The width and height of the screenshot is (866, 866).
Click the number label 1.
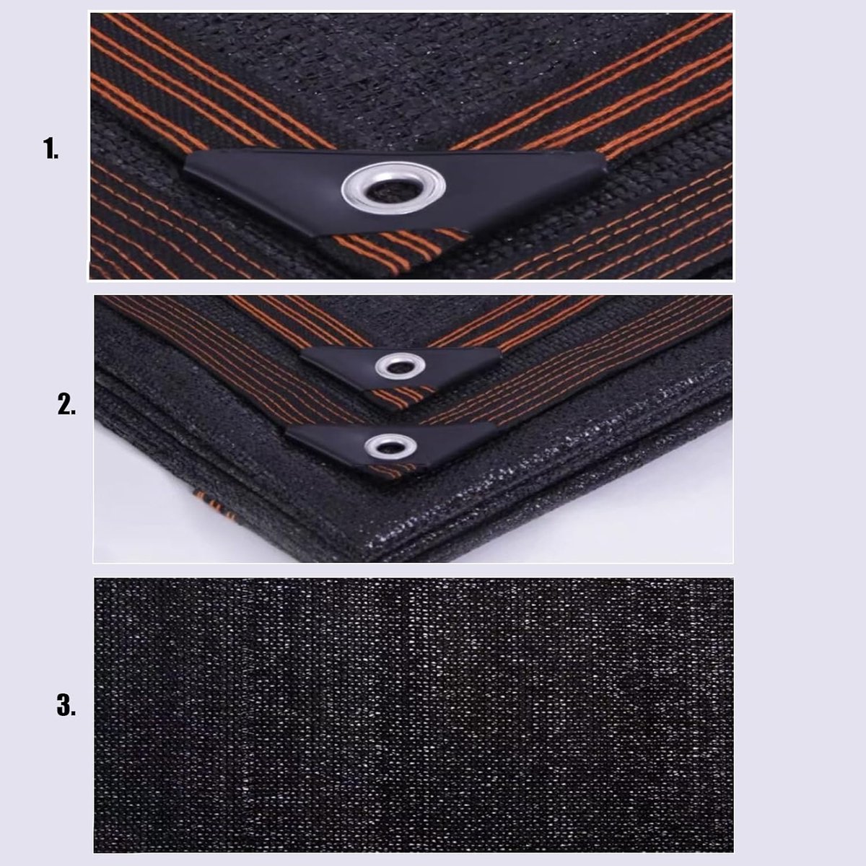pos(51,148)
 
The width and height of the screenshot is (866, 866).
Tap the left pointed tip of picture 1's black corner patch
pos(184,170)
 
